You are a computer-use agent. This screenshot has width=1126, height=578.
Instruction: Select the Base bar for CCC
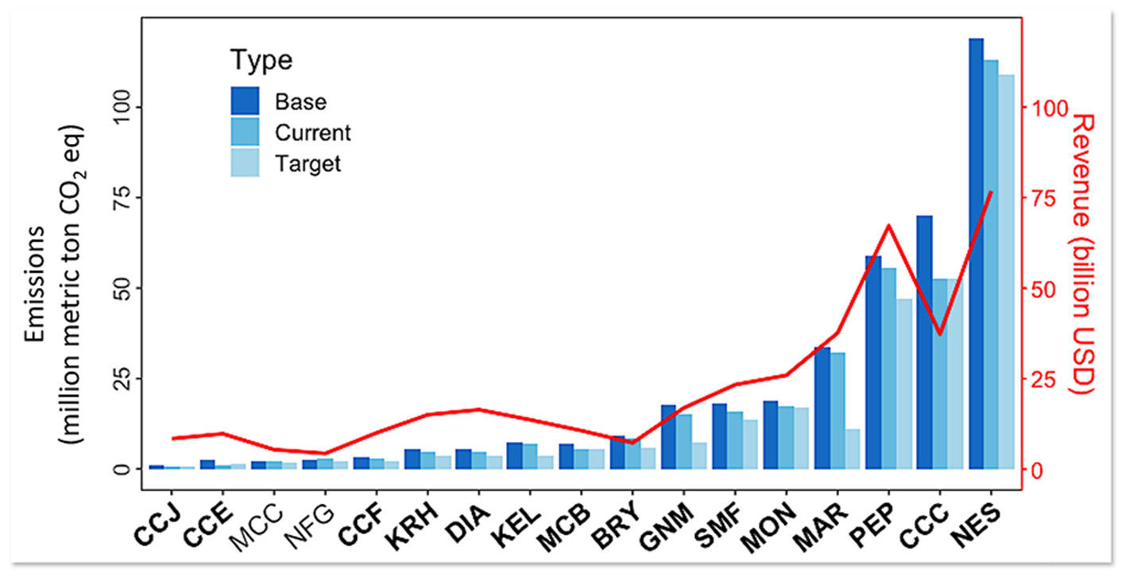tap(924, 342)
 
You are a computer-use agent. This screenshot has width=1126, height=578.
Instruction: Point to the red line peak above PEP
tap(889, 226)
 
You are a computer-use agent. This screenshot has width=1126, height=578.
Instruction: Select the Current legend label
tap(312, 132)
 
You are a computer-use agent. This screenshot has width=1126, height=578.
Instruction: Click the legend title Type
tap(261, 60)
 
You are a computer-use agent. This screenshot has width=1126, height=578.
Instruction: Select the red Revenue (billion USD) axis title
tap(1083, 254)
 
